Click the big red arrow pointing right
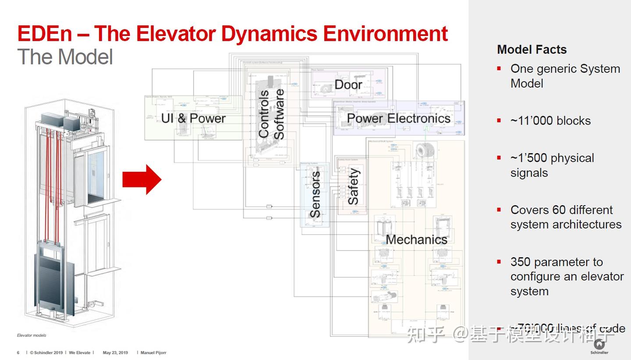click(142, 179)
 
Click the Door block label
click(348, 85)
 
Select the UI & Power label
click(193, 118)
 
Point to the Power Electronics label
click(398, 118)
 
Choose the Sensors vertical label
click(315, 195)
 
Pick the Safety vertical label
click(353, 187)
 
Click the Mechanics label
click(416, 240)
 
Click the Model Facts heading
click(532, 50)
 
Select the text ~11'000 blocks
click(550, 121)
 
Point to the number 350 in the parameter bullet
click(521, 262)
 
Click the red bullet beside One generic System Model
click(499, 69)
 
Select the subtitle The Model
click(65, 57)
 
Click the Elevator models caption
click(32, 335)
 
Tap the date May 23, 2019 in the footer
click(115, 353)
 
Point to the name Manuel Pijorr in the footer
click(153, 353)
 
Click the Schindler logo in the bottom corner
click(599, 346)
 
